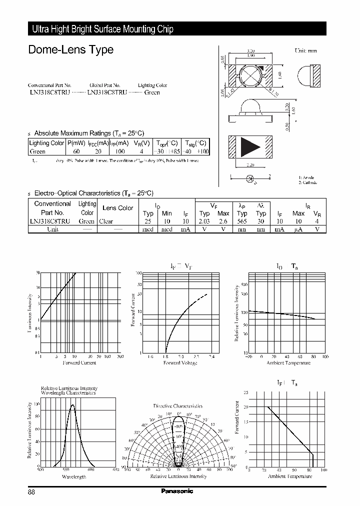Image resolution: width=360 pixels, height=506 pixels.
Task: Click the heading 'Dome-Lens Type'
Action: (x=70, y=50)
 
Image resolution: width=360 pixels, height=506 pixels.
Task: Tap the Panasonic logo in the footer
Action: (x=176, y=491)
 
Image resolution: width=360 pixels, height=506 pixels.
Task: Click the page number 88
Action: (x=31, y=491)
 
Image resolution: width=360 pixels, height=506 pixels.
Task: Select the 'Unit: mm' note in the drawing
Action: (x=305, y=51)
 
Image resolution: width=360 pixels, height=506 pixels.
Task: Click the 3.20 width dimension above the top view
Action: (x=252, y=51)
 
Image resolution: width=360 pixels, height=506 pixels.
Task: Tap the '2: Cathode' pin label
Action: (x=308, y=182)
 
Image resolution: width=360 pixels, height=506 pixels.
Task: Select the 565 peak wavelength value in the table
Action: (x=242, y=221)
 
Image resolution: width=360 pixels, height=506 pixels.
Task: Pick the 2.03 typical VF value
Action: (x=204, y=221)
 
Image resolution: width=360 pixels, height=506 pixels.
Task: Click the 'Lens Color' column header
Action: (x=117, y=208)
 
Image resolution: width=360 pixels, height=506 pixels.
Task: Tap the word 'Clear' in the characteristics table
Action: (x=106, y=221)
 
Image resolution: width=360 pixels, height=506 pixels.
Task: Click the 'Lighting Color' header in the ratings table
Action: (x=47, y=143)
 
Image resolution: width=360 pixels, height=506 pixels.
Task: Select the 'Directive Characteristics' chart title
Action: (x=177, y=406)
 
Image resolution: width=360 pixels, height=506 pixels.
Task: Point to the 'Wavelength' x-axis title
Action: (x=73, y=476)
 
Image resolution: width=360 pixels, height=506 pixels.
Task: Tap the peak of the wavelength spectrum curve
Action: (x=72, y=405)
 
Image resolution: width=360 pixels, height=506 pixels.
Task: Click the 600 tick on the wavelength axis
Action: (x=91, y=470)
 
